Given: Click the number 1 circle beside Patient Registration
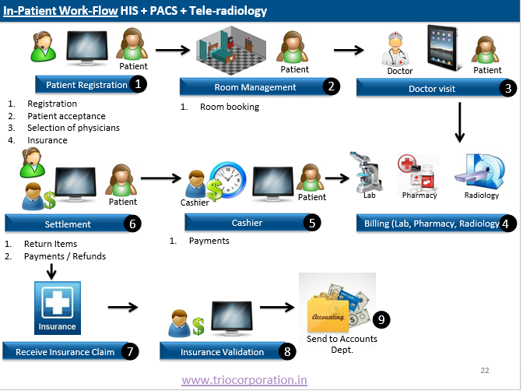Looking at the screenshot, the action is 138,84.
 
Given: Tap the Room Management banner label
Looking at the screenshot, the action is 255,87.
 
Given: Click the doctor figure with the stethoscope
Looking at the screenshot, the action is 396,49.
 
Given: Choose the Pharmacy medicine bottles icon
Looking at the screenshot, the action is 418,172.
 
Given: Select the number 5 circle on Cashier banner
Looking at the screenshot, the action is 312,223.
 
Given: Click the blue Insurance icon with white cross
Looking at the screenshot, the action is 58,308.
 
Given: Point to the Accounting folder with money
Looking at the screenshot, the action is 337,307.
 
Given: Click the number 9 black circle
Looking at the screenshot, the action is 381,319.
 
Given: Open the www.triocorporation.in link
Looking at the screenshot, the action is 244,380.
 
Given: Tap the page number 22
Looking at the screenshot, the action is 485,370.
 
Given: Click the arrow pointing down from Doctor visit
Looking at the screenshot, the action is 460,122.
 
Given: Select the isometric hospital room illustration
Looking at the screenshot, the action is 231,50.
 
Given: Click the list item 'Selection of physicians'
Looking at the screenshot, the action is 73,128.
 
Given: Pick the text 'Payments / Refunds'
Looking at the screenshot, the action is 65,256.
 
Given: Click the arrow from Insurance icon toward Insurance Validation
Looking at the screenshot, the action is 123,307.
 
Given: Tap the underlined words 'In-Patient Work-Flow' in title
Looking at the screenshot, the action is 61,11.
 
